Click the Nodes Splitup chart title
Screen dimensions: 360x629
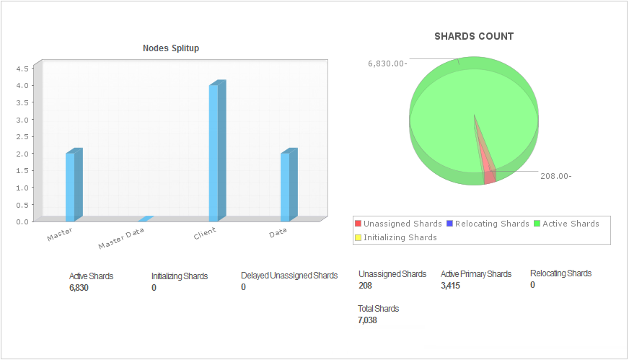(171, 48)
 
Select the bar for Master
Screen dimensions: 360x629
(70, 186)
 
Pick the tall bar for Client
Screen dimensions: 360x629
(214, 152)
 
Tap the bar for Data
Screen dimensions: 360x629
(285, 186)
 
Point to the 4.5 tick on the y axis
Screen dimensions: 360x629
(22, 69)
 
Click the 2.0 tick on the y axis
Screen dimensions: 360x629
(22, 154)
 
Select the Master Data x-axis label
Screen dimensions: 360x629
(121, 238)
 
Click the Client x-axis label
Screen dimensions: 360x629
(205, 234)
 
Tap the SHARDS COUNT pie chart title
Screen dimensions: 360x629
(474, 36)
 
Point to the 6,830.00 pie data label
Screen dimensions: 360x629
(387, 63)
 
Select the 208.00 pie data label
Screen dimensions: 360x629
(556, 175)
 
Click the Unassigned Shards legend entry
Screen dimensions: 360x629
(398, 224)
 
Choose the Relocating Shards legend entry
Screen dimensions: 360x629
(488, 224)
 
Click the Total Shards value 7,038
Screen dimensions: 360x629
(367, 320)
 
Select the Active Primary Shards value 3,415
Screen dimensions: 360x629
(450, 286)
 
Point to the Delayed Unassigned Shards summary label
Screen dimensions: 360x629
(289, 276)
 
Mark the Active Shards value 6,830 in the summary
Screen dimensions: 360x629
(79, 288)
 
